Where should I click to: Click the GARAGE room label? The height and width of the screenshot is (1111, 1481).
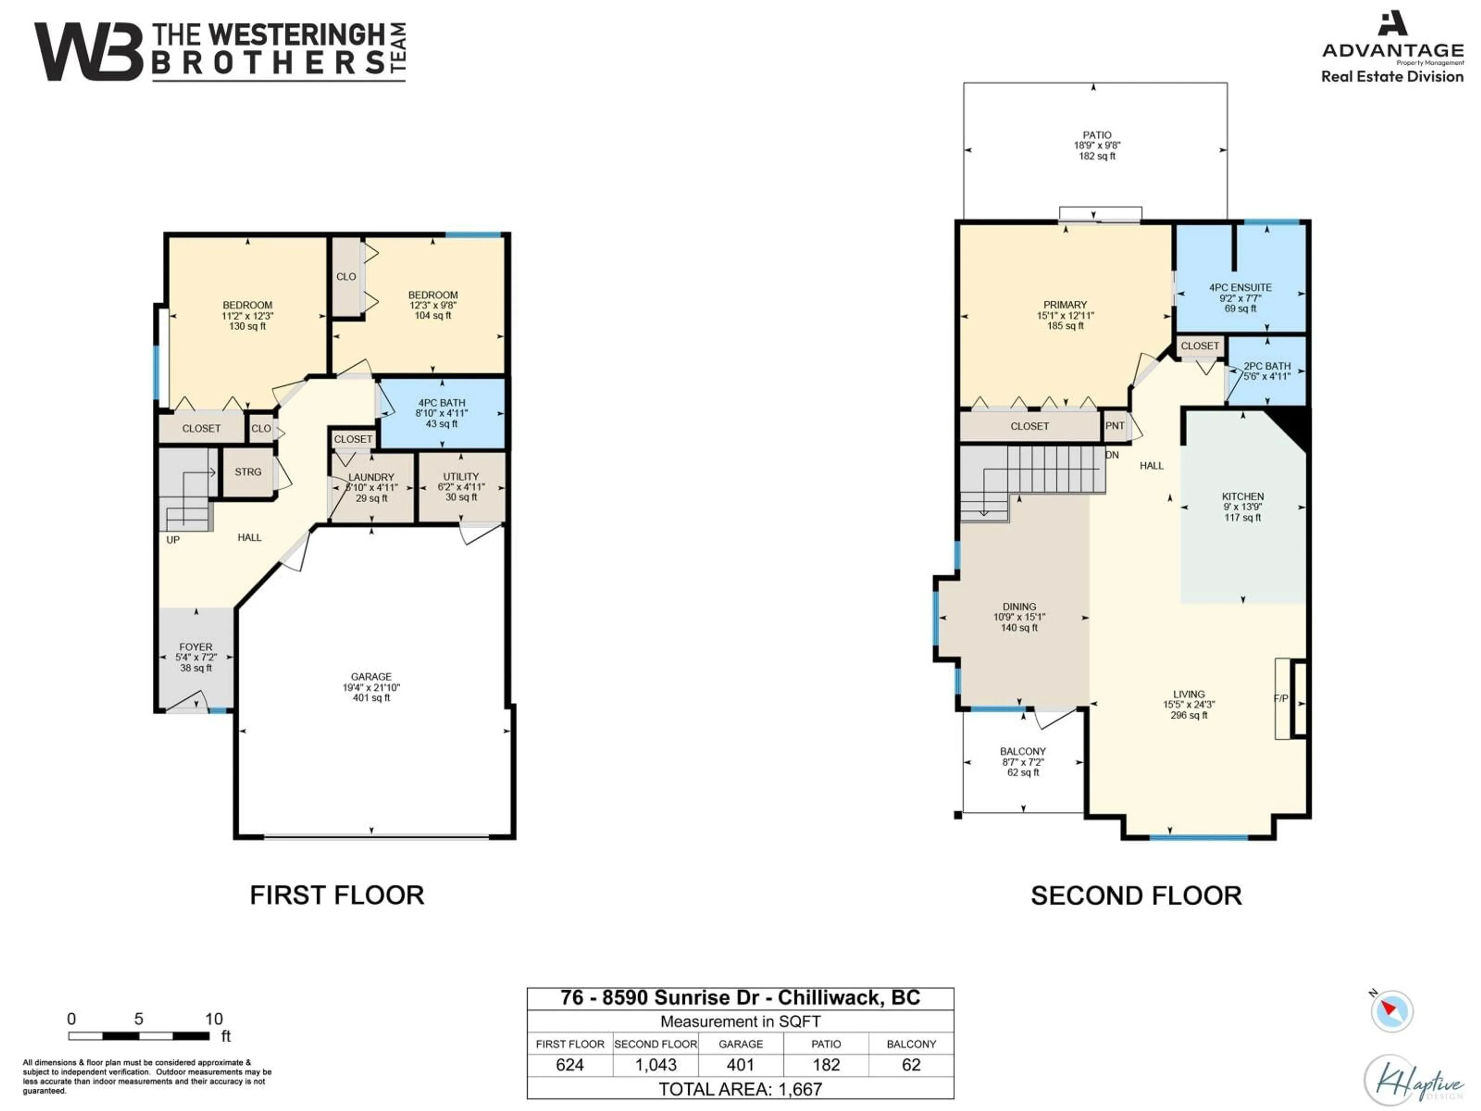pyautogui.click(x=371, y=676)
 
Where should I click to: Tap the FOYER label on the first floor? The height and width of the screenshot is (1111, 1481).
pyautogui.click(x=196, y=647)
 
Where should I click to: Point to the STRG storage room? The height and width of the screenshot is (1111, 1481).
pyautogui.click(x=248, y=472)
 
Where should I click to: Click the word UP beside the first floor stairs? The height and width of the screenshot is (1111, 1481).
pyautogui.click(x=173, y=540)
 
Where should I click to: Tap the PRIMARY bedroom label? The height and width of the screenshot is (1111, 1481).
pyautogui.click(x=1064, y=305)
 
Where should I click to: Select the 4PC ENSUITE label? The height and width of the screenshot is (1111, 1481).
pyautogui.click(x=1240, y=287)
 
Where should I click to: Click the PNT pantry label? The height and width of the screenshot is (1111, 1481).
pyautogui.click(x=1115, y=426)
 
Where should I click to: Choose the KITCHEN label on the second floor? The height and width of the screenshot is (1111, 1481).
pyautogui.click(x=1243, y=496)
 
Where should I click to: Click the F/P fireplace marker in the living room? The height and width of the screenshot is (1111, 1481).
pyautogui.click(x=1280, y=699)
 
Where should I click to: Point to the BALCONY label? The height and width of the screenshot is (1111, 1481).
pyautogui.click(x=1022, y=751)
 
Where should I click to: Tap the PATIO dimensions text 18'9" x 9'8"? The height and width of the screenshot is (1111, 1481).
pyautogui.click(x=1097, y=145)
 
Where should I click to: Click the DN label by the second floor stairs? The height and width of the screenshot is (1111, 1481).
pyautogui.click(x=1112, y=455)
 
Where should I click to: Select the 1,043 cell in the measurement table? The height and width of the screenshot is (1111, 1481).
pyautogui.click(x=656, y=1065)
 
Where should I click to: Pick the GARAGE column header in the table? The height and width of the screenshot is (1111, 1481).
pyautogui.click(x=740, y=1044)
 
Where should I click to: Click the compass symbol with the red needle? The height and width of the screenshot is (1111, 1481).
pyautogui.click(x=1391, y=1011)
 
